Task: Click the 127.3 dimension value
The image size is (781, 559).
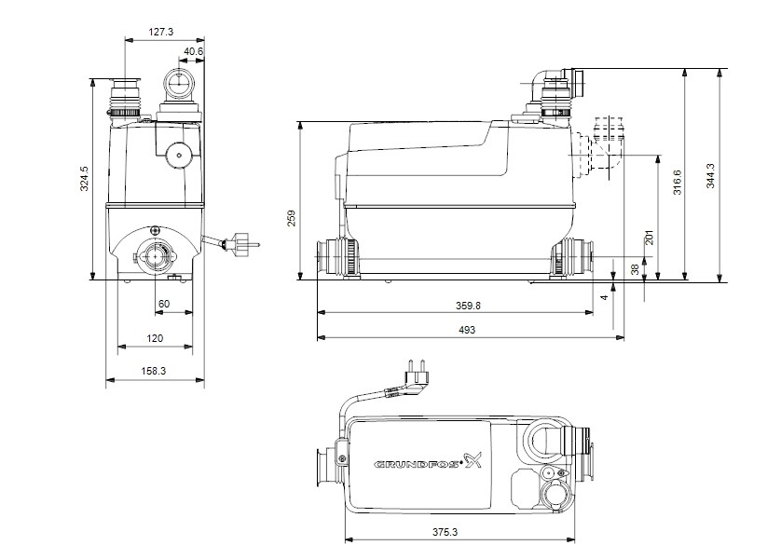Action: [x=161, y=32]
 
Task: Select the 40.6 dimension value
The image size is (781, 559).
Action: [x=194, y=51]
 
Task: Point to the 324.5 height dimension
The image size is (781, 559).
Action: [x=84, y=178]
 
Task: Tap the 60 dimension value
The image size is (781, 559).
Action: [x=164, y=305]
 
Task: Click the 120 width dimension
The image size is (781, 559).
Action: [x=155, y=338]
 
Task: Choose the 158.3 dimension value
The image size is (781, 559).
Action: [x=155, y=370]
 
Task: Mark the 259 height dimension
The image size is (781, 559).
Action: [x=291, y=217]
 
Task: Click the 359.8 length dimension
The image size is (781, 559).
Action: [x=455, y=305]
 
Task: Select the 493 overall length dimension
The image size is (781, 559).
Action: [x=467, y=331]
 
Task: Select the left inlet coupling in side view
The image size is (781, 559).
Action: [x=335, y=255]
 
